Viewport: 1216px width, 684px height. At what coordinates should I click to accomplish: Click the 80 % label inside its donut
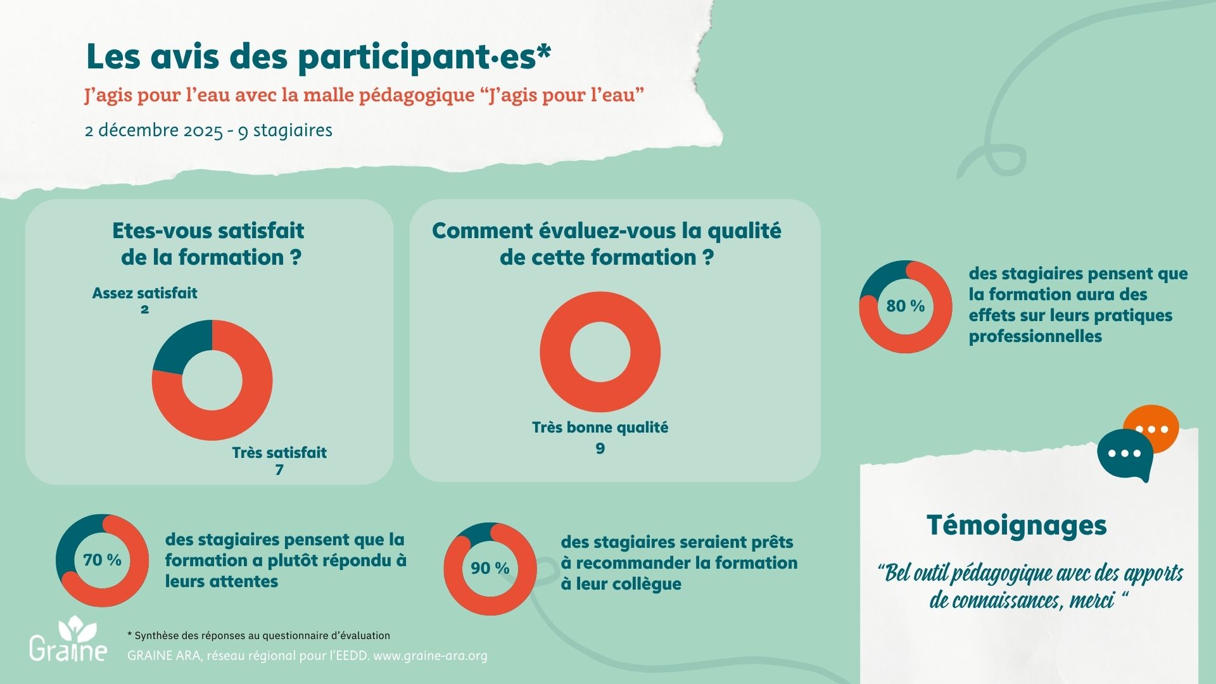tap(905, 306)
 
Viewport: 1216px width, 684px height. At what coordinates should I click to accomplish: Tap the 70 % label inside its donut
tap(102, 560)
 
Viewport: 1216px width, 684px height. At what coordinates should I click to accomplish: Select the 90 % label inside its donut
tap(490, 568)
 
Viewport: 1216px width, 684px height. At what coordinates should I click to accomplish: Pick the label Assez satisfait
tap(144, 293)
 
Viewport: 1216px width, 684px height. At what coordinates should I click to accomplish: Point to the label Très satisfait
tap(279, 453)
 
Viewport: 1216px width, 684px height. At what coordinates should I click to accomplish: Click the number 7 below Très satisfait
tap(279, 470)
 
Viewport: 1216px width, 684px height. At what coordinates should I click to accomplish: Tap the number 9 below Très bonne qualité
tap(600, 448)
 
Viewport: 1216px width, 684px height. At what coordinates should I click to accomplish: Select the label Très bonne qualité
tap(600, 427)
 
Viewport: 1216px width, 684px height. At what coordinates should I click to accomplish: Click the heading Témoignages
tap(1016, 525)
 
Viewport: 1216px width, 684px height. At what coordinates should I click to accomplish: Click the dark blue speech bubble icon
tap(1125, 455)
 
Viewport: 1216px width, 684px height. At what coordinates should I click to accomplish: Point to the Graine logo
tap(68, 640)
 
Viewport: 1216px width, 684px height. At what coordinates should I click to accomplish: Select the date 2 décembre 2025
tap(153, 130)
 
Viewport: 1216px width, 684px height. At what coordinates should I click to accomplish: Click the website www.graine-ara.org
tap(430, 655)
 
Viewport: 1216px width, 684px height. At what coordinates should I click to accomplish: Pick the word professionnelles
tap(1035, 336)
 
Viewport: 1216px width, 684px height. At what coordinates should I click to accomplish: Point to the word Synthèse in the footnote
tap(156, 635)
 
